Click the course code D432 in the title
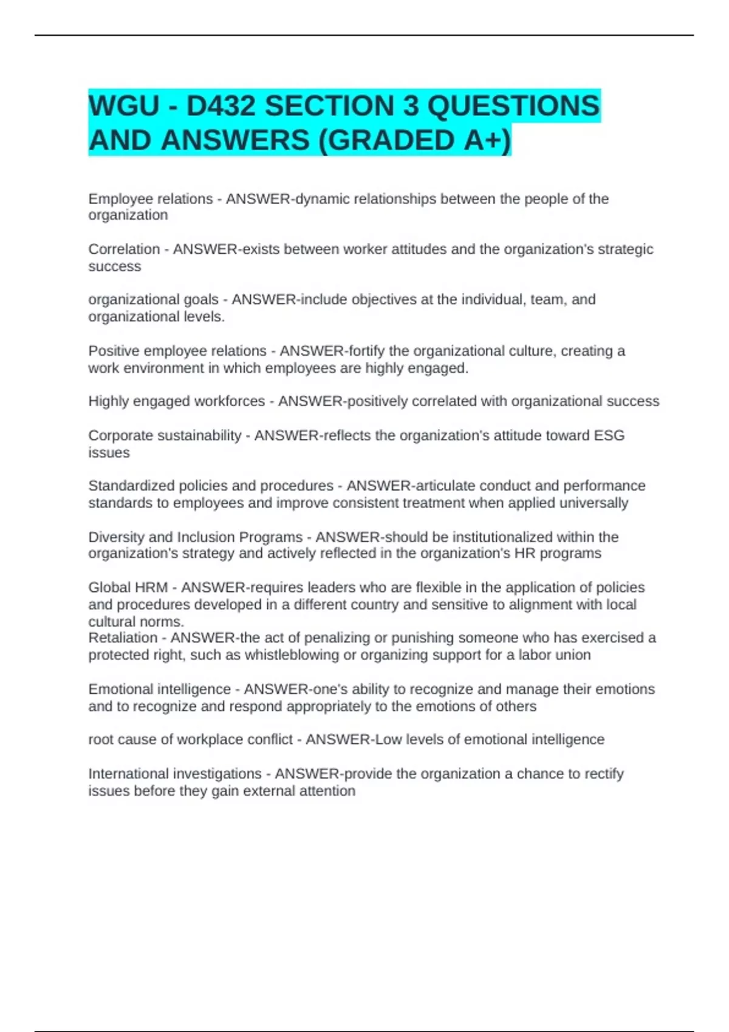[x=221, y=106]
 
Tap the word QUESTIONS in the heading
[x=513, y=106]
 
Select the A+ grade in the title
[x=484, y=140]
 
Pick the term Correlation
[x=124, y=250]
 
